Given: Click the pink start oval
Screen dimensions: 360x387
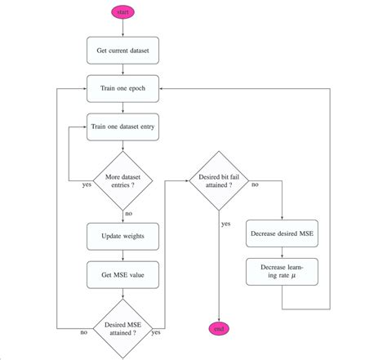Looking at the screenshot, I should coord(122,13).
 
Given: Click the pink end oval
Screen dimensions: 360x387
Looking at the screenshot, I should coord(218,328).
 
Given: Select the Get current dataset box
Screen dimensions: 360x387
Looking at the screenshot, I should coord(122,51).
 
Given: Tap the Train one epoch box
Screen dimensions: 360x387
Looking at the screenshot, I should coord(122,88).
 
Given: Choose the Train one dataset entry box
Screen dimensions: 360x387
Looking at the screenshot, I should coord(122,126).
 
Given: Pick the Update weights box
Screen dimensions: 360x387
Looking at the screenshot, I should coord(122,236).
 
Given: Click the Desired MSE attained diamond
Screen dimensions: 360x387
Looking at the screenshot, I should coord(122,328).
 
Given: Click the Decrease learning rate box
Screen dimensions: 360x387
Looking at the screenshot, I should coord(281,272).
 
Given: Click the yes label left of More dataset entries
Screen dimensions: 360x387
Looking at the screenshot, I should coord(87,185).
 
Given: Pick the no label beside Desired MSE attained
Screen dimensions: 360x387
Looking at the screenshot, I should coord(84,333).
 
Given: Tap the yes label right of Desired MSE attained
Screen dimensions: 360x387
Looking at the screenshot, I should coord(156,333).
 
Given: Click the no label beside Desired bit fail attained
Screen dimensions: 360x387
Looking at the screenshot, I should coord(256,185).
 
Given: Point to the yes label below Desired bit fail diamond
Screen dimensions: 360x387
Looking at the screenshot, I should coord(225,222).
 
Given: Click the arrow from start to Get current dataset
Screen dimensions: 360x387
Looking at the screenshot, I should coord(122,28).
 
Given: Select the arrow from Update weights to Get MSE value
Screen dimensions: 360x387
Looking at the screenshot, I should coord(122,255).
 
